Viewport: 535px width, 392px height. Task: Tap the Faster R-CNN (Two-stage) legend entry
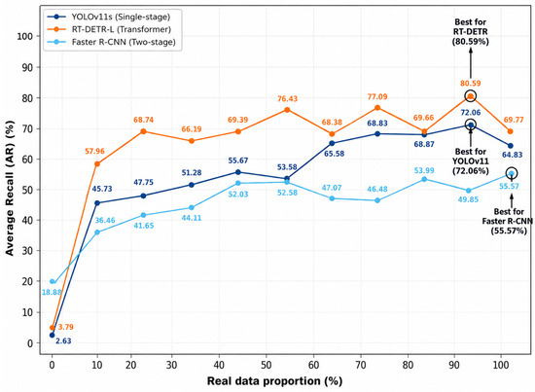[111, 42]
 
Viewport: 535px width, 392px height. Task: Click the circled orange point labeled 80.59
[471, 96]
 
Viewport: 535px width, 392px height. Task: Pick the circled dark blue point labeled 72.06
[471, 125]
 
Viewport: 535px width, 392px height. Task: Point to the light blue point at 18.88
[52, 281]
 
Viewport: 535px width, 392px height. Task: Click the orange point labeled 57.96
[97, 164]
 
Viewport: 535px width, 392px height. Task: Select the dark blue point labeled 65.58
[332, 143]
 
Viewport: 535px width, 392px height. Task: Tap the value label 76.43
[287, 99]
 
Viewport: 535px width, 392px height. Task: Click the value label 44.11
[192, 218]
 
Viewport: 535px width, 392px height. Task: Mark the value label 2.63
[63, 340]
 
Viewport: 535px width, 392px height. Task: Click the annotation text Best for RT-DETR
[471, 32]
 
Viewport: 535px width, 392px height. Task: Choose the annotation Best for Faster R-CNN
[509, 221]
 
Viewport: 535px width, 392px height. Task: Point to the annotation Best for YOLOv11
[471, 161]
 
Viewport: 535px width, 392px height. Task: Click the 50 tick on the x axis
[266, 365]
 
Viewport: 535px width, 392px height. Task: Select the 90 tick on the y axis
[26, 67]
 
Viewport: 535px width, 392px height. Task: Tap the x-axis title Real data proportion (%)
[274, 381]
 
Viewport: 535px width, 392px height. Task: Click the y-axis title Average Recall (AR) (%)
[10, 189]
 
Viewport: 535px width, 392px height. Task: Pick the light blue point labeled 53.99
[424, 179]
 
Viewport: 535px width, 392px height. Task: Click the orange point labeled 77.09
[377, 108]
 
